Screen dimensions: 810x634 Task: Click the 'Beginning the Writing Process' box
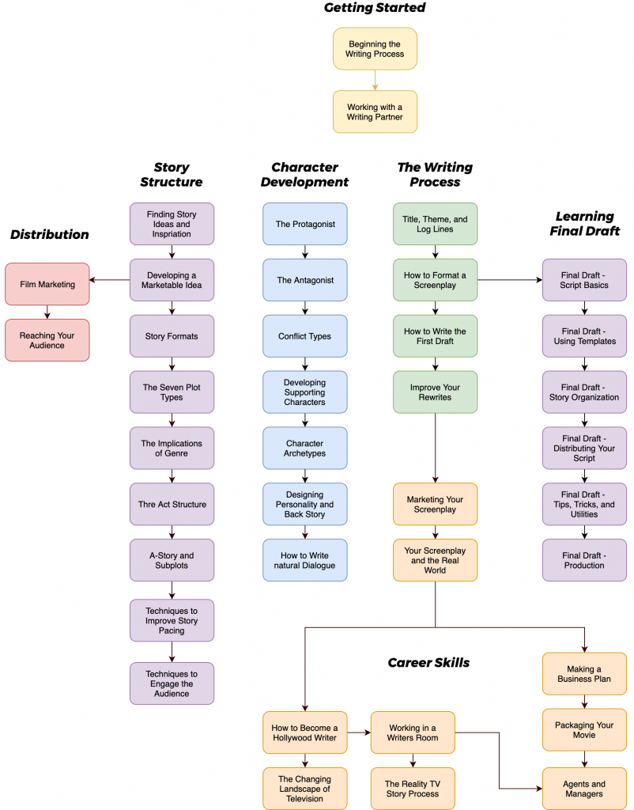click(x=375, y=48)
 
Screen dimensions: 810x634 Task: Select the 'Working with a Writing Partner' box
click(x=375, y=112)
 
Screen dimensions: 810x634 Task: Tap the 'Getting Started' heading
click(x=375, y=8)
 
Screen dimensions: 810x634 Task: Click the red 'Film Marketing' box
click(x=47, y=284)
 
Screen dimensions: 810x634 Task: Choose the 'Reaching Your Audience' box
click(x=47, y=340)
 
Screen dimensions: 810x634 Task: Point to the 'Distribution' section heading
click(x=49, y=234)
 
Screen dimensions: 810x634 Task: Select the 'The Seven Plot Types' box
click(x=172, y=392)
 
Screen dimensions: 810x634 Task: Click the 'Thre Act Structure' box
click(x=172, y=505)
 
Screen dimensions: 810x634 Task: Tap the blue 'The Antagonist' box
click(x=305, y=280)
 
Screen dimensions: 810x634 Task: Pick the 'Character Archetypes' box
click(x=305, y=449)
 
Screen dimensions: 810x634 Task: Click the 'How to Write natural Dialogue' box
click(x=305, y=560)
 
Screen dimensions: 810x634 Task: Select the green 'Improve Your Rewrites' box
click(x=436, y=392)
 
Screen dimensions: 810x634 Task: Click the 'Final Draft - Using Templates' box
click(x=584, y=336)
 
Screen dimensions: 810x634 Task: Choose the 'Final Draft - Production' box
click(x=584, y=560)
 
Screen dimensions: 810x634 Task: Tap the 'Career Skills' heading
click(x=428, y=663)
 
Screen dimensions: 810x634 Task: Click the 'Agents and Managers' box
click(x=584, y=789)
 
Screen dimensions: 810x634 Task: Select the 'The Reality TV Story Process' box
click(x=413, y=789)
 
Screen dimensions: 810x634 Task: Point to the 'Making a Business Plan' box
click(x=584, y=674)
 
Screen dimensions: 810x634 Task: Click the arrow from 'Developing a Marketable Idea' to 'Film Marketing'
click(x=110, y=280)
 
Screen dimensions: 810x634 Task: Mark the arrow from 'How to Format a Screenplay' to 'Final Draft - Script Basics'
click(x=510, y=280)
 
